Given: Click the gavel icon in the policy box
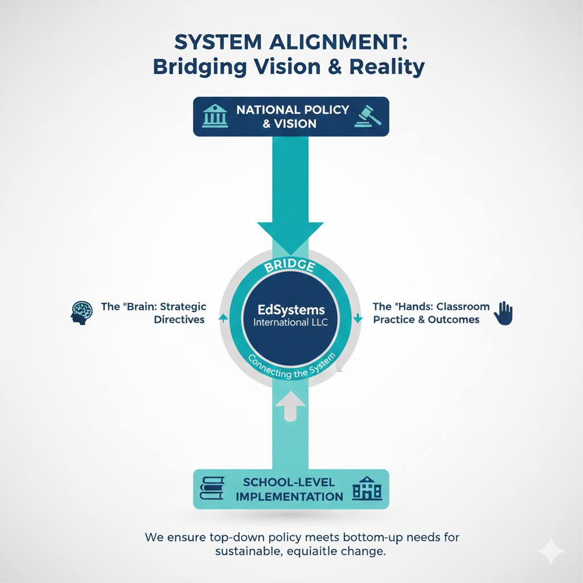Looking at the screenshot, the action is (x=367, y=116).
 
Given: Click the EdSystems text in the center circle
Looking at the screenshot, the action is (x=291, y=310).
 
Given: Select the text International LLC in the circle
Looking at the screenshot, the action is (x=291, y=323).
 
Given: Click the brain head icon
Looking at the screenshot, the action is (x=81, y=312).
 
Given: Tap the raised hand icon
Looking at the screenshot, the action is (x=503, y=313).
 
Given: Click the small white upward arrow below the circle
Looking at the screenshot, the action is (x=291, y=405).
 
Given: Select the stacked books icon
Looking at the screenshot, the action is (x=214, y=489).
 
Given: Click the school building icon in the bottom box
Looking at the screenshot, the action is (x=367, y=489).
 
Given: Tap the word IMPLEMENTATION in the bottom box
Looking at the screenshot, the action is (x=289, y=496).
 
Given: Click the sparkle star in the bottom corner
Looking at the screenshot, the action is (x=551, y=551).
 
